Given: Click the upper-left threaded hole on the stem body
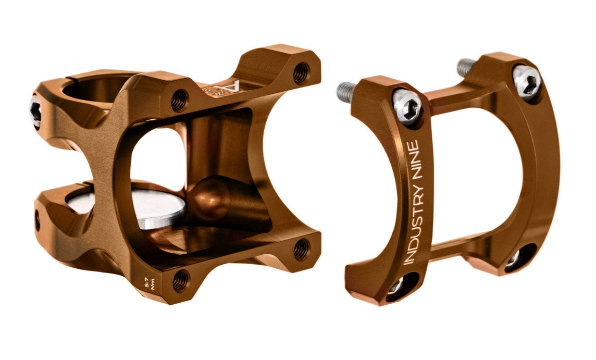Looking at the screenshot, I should (x=179, y=100).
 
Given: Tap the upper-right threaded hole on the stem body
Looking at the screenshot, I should (x=301, y=73).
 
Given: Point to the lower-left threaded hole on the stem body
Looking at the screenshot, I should (x=180, y=281).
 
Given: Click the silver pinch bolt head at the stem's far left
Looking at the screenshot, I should (x=35, y=111).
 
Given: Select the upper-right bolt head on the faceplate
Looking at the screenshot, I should (x=527, y=81).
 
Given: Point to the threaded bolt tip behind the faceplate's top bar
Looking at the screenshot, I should (x=466, y=66).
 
